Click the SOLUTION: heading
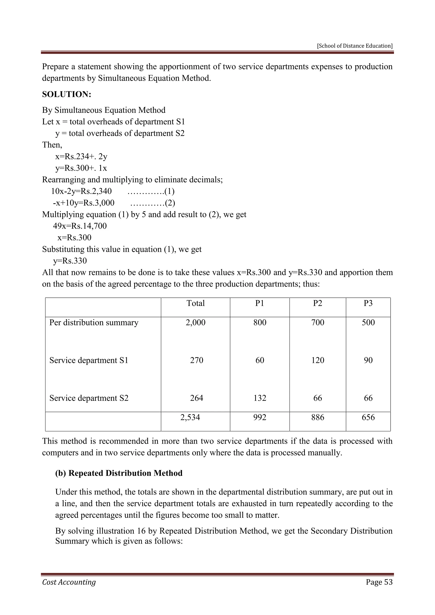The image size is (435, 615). [67, 95]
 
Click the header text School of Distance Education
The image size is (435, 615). [355, 46]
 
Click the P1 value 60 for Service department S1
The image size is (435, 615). [260, 360]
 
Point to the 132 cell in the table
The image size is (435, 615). [260, 398]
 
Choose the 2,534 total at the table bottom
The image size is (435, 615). [190, 417]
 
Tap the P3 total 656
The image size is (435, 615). [368, 417]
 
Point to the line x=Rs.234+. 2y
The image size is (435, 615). [81, 157]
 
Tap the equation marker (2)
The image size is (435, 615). [170, 203]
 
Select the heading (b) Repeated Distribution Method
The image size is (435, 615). [119, 473]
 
